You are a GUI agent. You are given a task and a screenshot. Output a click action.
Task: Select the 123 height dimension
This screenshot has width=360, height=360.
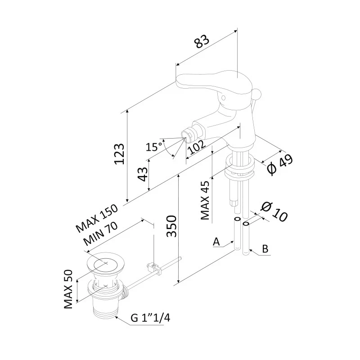coord(118,154)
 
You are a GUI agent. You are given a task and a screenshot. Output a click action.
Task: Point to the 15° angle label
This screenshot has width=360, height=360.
coord(154,146)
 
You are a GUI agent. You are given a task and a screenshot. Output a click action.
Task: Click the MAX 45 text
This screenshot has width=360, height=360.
coord(206,200)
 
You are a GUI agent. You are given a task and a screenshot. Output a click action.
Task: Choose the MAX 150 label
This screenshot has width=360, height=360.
coord(96,219)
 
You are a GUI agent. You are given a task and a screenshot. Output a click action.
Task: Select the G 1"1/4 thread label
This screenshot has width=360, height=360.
coord(150,318)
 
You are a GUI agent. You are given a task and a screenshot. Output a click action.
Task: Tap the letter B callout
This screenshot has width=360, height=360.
coord(265,248)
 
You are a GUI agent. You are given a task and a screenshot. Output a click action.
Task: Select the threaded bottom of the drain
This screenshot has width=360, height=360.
coord(105,309)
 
